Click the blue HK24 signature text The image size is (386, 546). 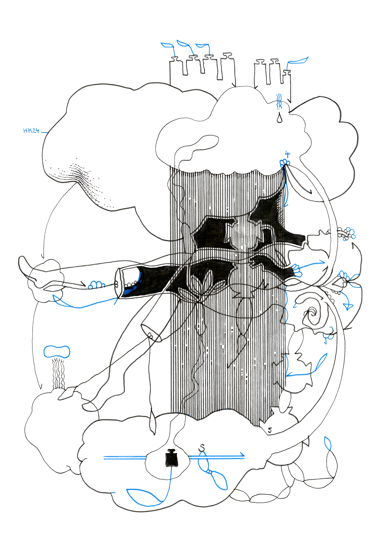(31, 131)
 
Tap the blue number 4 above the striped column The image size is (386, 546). (287, 154)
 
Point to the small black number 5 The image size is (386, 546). (270, 430)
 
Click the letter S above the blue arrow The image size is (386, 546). (202, 447)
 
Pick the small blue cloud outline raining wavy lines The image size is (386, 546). (57, 352)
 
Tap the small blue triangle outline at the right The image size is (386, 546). (348, 306)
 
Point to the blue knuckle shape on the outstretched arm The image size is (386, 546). (96, 285)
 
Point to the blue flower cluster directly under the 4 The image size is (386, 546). (284, 163)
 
